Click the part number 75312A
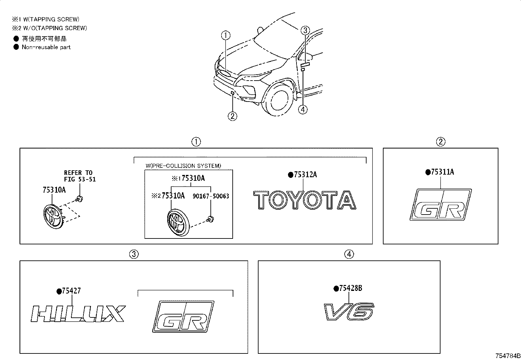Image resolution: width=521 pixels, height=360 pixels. point(305,175)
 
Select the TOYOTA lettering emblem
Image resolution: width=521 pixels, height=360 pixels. point(305,200)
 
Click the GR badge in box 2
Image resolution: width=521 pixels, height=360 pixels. point(440,205)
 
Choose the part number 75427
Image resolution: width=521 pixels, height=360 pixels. point(71,291)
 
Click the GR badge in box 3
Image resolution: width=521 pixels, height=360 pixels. point(183,317)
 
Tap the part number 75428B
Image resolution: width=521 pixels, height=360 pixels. point(350,289)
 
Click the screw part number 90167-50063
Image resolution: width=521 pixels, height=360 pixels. point(210,196)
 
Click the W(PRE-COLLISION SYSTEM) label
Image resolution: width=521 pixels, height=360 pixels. point(183,166)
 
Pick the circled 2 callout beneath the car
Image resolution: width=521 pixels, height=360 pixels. point(232,116)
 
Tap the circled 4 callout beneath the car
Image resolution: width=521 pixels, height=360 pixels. point(303,109)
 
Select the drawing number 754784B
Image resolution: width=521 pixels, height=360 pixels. point(507,356)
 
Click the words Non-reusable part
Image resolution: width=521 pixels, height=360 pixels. point(46,47)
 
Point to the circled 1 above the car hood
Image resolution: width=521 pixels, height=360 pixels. point(225,35)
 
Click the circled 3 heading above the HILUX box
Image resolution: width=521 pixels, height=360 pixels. point(134,254)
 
